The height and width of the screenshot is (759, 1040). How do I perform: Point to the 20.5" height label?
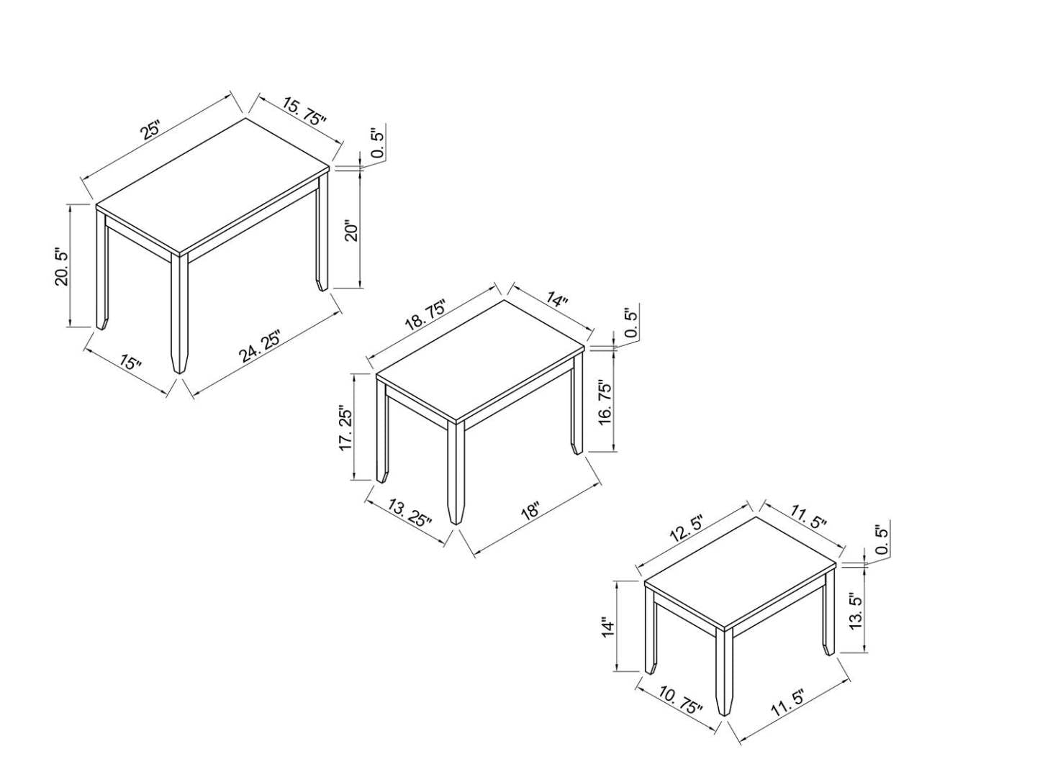point(62,267)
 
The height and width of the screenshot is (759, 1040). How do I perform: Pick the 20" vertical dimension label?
point(351,232)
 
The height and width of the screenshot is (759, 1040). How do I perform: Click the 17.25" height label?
point(346,430)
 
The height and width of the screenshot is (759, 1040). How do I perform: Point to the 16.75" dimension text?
point(605,403)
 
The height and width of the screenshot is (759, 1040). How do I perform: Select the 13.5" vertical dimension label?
point(856,612)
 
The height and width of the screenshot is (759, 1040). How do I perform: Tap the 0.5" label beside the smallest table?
point(882,540)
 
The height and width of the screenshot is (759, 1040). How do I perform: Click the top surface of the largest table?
point(213,185)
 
